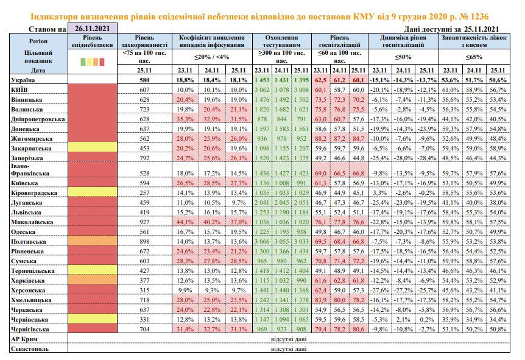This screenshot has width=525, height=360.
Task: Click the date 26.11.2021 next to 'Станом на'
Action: tap(93, 29)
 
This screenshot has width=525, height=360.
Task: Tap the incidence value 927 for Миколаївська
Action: tap(144, 222)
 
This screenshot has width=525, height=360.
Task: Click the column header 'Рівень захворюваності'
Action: tap(144, 41)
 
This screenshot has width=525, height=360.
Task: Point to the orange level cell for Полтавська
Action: tap(93, 241)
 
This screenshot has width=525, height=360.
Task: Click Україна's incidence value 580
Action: tap(144, 80)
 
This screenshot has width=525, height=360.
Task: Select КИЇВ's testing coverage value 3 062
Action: tap(262, 90)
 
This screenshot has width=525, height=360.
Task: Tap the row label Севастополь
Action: tap(30, 348)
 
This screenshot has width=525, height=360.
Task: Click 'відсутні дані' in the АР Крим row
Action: tap(289, 339)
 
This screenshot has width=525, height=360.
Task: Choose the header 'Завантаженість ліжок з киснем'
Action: tap(474, 41)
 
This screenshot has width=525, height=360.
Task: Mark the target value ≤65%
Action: tap(474, 57)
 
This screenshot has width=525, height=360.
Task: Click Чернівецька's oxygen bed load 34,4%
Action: tap(498, 319)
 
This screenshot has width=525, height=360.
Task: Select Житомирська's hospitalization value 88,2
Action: tap(320, 138)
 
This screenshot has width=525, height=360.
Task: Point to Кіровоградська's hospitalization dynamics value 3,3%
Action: tap(380, 193)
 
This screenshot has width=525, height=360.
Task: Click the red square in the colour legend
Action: tap(102, 62)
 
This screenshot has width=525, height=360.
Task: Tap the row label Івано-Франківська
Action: tap(30, 169)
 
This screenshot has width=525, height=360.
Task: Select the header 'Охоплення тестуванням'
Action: tap(281, 41)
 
